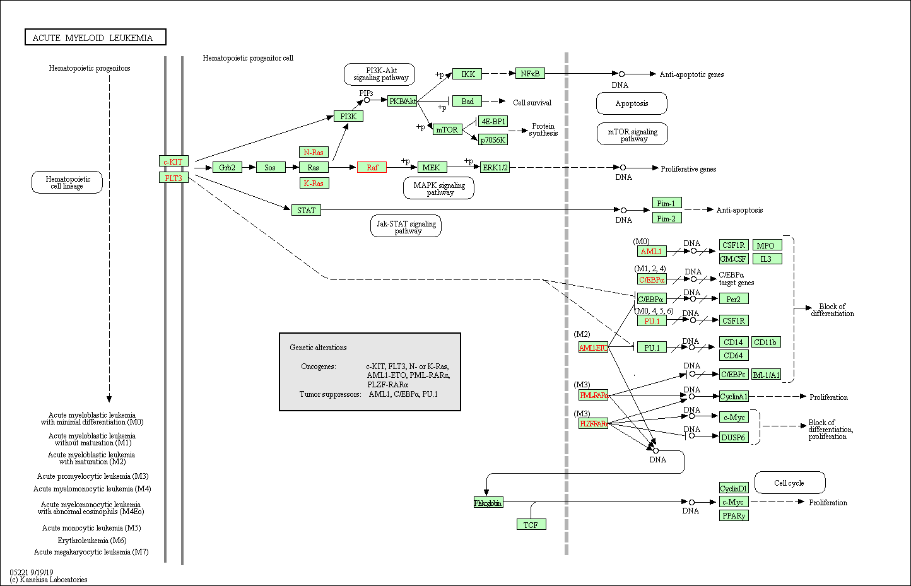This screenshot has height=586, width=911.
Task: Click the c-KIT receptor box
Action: tap(173, 161)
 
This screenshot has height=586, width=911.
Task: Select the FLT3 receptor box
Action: tap(173, 178)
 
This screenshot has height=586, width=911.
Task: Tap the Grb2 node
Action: tap(227, 167)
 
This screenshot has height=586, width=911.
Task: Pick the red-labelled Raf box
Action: tap(372, 167)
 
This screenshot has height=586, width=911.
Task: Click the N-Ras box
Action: tap(314, 152)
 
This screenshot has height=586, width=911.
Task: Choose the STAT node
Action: tap(306, 210)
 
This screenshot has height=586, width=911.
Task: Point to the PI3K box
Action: tap(348, 116)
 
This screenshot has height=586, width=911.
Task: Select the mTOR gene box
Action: tap(447, 130)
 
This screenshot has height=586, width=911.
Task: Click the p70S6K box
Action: tap(493, 140)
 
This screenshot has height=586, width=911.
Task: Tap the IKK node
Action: tap(467, 74)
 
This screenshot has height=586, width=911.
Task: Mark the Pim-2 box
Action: tap(666, 218)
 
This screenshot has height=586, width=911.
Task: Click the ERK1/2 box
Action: tap(495, 167)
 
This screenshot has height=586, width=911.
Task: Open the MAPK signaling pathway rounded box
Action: tap(439, 189)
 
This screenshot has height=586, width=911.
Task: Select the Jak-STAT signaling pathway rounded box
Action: tap(406, 226)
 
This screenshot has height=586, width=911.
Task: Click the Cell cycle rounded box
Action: tap(789, 483)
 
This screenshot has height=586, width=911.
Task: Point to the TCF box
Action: tap(531, 524)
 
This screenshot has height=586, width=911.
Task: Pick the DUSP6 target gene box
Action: tap(734, 437)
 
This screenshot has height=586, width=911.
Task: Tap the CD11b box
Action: tap(765, 342)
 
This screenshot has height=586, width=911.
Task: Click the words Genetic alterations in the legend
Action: tap(318, 348)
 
